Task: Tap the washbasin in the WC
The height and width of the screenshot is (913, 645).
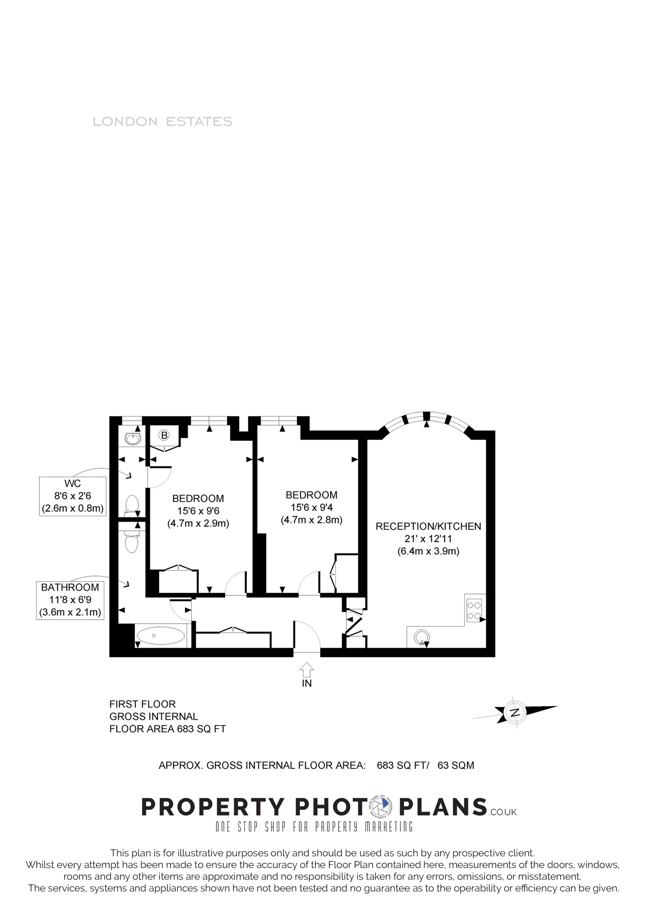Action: click(132, 439)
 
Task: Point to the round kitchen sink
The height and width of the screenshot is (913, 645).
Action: click(421, 636)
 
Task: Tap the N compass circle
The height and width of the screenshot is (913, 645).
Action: click(515, 711)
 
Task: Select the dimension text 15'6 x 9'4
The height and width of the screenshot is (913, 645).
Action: click(312, 507)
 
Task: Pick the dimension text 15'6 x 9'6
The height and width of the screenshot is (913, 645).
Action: click(198, 511)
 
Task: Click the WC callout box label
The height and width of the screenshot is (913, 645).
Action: click(72, 484)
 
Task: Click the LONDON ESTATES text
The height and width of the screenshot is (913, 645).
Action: click(162, 122)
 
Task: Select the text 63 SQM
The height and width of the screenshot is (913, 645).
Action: click(456, 766)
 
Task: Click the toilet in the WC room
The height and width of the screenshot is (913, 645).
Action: click(132, 504)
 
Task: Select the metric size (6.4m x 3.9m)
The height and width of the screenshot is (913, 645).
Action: click(428, 551)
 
